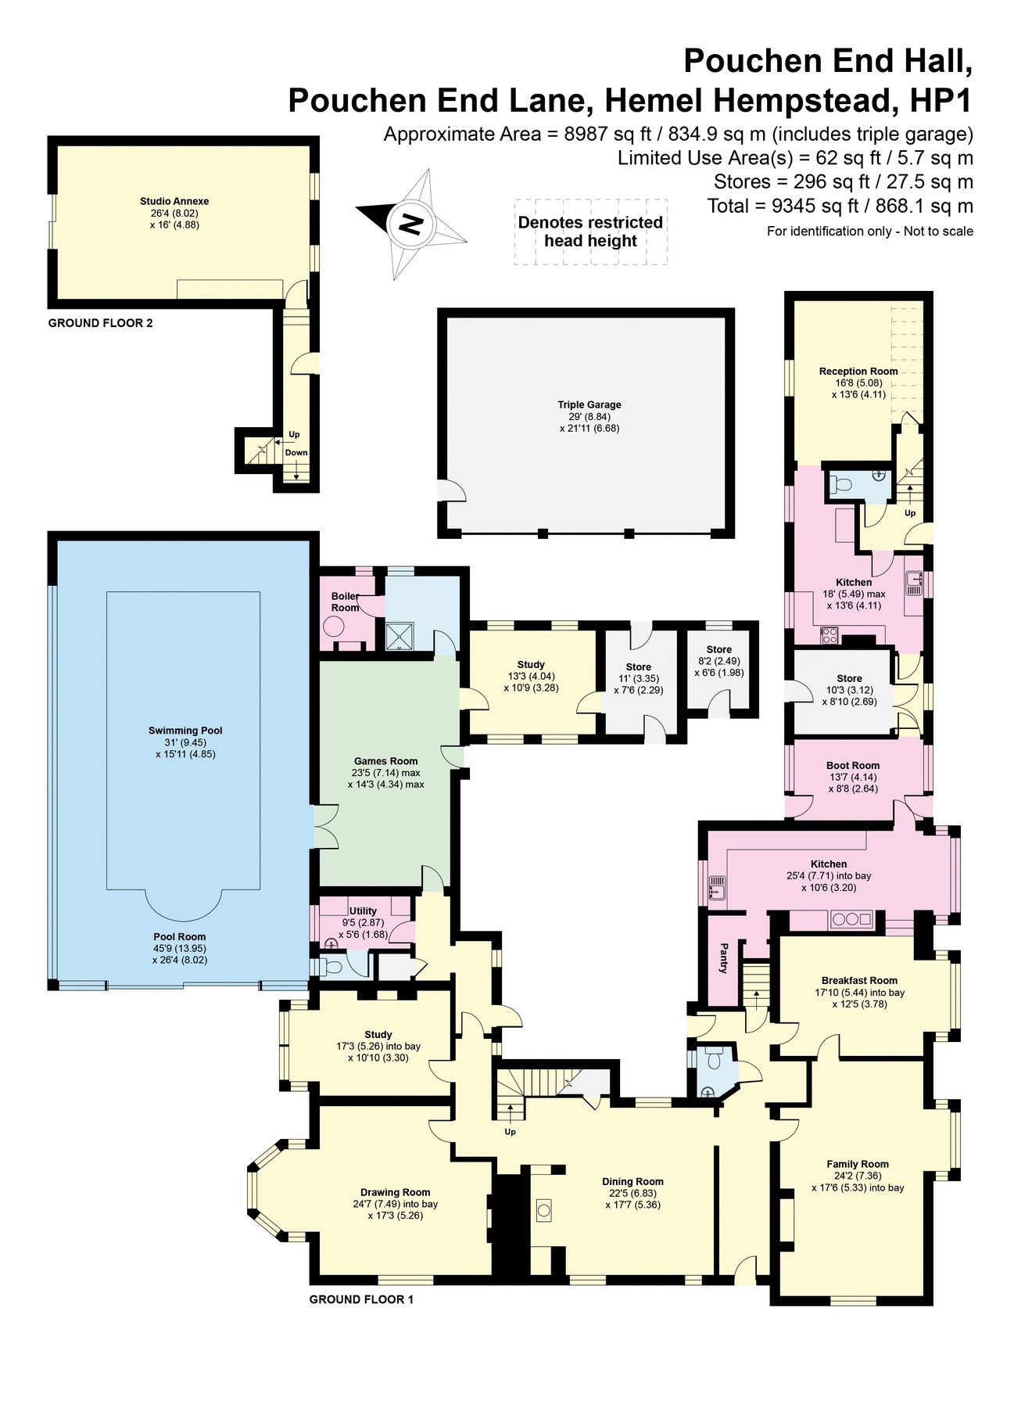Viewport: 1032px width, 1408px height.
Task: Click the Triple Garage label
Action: pos(589,404)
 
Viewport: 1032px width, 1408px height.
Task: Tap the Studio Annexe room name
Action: pos(174,201)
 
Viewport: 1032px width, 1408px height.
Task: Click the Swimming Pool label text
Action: pos(185,731)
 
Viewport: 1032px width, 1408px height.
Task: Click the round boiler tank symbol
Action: pos(335,626)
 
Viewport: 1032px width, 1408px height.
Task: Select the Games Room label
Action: pos(385,760)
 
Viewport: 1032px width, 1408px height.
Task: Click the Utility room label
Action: pos(363,911)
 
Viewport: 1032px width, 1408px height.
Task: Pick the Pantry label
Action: pos(723,958)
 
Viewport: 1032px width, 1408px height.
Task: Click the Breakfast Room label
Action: pos(859,980)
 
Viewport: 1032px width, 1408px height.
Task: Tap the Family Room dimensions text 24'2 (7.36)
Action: pos(858,1176)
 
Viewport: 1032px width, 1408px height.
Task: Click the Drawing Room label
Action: pos(395,1192)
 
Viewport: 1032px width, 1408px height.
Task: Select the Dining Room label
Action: pos(632,1181)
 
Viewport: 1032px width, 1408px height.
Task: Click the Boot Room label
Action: pos(853,765)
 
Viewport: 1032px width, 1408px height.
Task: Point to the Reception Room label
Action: pos(858,371)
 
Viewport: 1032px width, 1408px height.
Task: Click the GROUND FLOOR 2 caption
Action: pos(100,323)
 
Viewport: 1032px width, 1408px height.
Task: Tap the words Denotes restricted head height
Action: pos(590,232)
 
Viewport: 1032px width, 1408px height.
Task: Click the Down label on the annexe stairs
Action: pos(296,453)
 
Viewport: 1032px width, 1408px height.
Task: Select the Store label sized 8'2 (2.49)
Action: pos(718,649)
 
